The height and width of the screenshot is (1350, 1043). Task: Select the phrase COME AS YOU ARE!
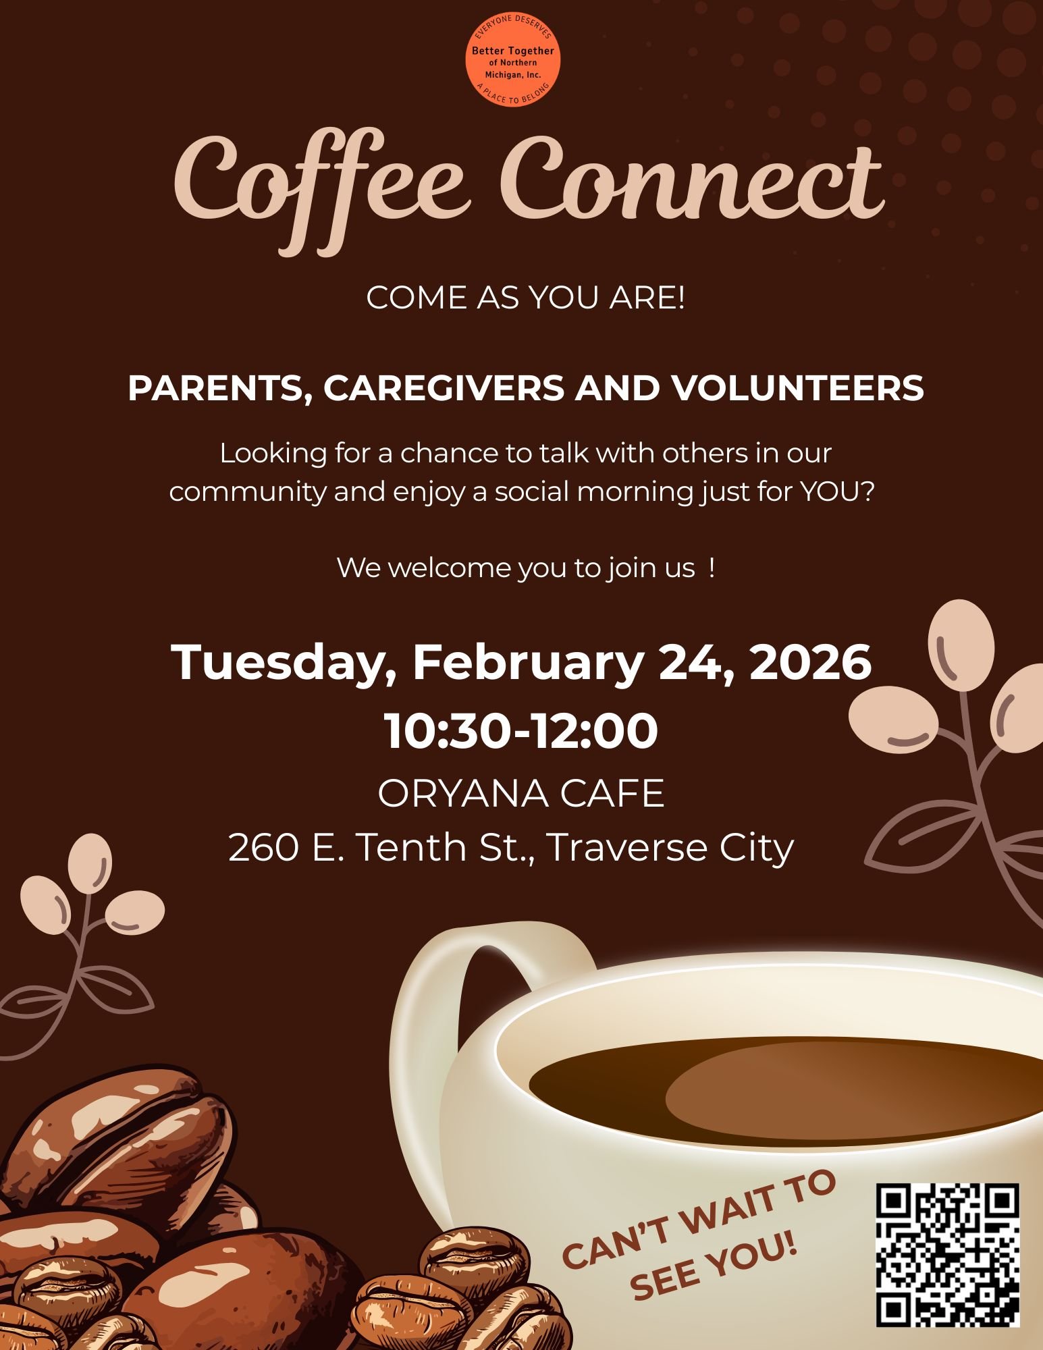[525, 298]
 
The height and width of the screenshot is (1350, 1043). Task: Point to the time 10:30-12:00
[521, 730]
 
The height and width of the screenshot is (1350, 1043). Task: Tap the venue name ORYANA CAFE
[521, 792]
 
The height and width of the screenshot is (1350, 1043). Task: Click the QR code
[947, 1254]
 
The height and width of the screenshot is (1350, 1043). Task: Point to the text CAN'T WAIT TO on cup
[699, 1215]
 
